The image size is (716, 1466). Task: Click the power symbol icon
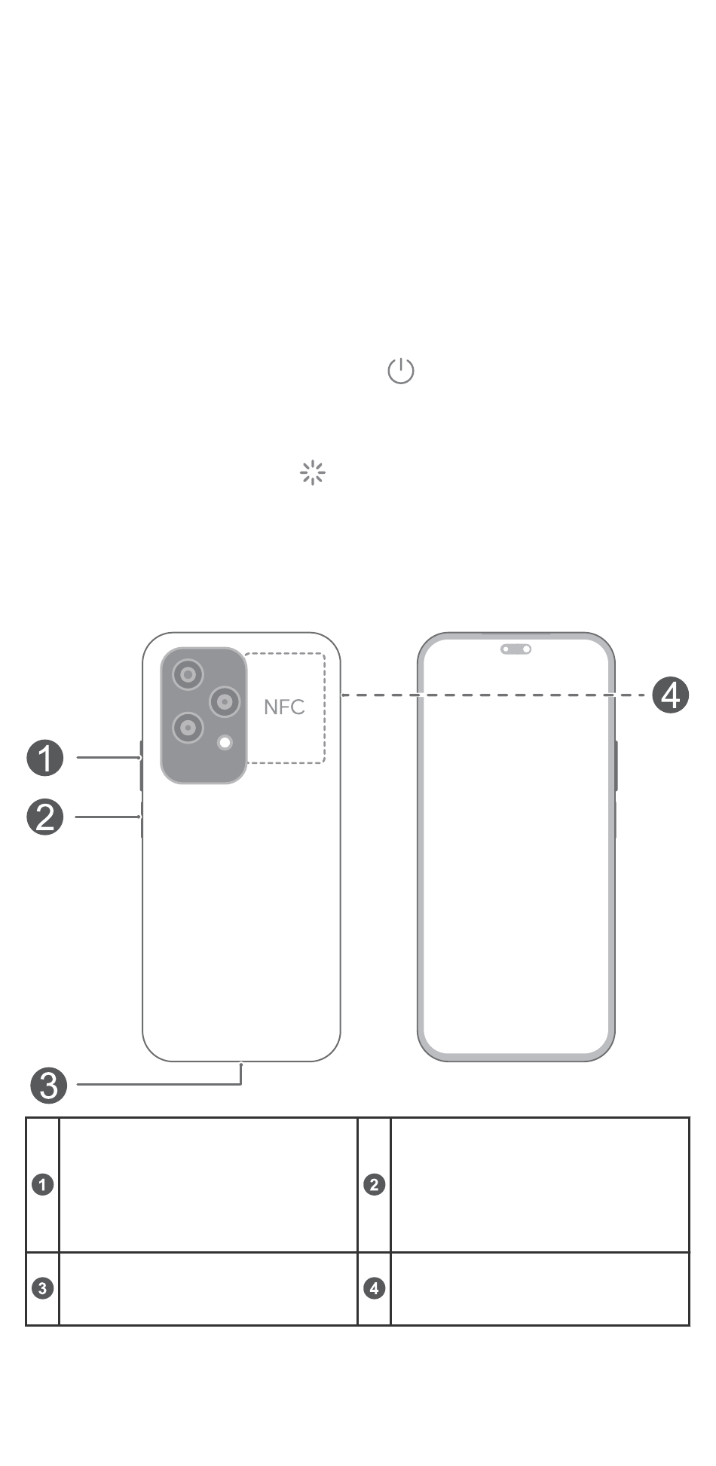click(x=400, y=371)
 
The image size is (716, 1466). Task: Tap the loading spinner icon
click(x=312, y=473)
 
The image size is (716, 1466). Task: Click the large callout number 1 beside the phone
click(x=45, y=758)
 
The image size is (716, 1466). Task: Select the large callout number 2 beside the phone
click(x=45, y=817)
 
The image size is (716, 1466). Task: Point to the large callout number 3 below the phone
click(x=48, y=1085)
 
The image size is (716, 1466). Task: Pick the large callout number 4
click(x=670, y=695)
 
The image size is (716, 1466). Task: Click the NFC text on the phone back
click(x=284, y=707)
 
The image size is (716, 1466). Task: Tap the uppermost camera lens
click(x=188, y=674)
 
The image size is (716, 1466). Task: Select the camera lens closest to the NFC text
click(x=224, y=702)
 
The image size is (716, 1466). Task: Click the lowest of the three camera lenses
click(x=188, y=728)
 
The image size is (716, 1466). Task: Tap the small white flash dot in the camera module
click(x=225, y=743)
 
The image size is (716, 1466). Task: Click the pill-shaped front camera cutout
click(x=516, y=649)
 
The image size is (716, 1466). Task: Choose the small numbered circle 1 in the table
click(x=43, y=1184)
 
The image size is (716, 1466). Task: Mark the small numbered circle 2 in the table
click(x=375, y=1184)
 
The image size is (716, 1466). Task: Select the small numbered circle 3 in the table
click(x=43, y=1288)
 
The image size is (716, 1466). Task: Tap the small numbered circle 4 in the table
click(x=375, y=1288)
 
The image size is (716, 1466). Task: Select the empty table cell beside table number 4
click(x=540, y=1288)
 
